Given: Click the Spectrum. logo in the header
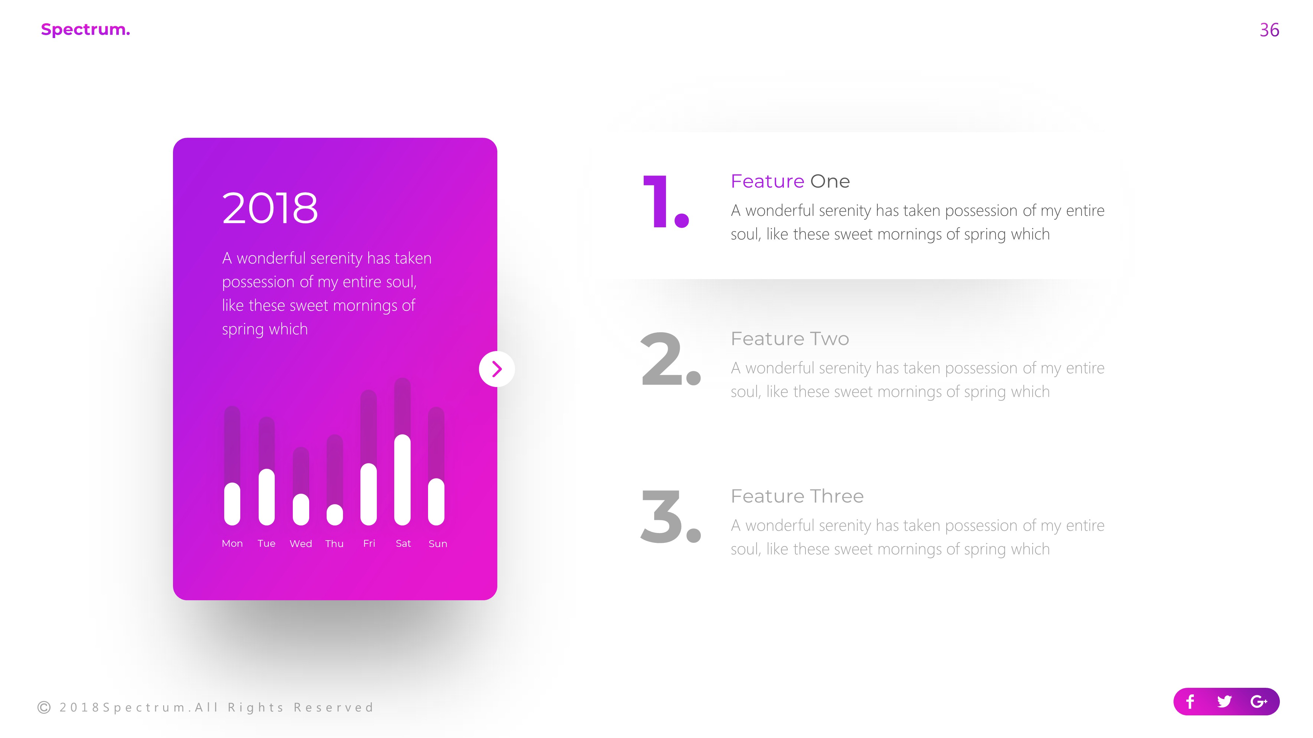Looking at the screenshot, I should point(85,30).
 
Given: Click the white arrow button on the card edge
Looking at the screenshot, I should point(496,369).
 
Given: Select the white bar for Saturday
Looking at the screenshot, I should point(402,480).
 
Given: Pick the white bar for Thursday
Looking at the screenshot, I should point(334,515).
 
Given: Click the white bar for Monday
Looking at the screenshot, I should point(232,504).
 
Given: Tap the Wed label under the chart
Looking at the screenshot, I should point(301,543).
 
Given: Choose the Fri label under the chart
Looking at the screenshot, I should point(369,543).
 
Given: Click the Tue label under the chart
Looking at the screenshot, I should point(266,543).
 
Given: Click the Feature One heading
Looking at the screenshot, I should point(790,181).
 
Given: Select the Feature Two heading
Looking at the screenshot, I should point(789,339).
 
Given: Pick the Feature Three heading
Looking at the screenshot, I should point(797,496).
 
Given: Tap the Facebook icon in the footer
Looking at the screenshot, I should point(1190,702).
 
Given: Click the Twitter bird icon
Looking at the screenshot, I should point(1224,702).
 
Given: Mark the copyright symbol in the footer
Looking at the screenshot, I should point(44,707).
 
